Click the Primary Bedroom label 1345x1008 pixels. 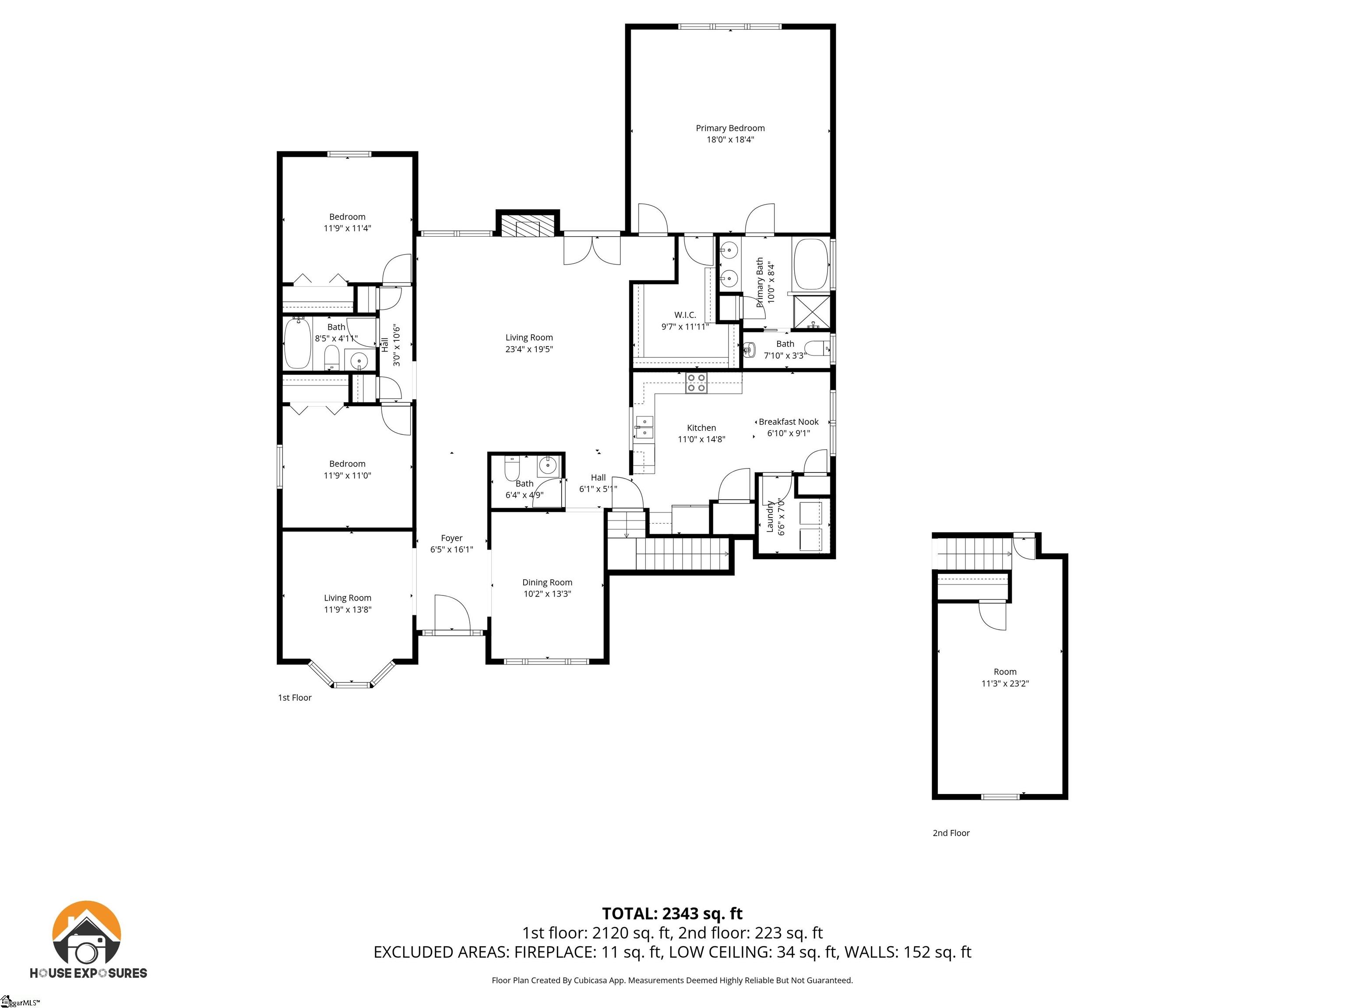click(x=730, y=128)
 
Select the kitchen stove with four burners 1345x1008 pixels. click(x=696, y=383)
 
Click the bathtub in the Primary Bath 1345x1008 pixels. click(x=810, y=264)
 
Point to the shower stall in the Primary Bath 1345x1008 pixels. click(x=812, y=311)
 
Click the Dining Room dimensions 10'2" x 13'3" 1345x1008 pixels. click(x=547, y=594)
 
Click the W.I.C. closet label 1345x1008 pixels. click(x=685, y=315)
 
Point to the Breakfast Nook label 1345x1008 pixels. click(x=788, y=422)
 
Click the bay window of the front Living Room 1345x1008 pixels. click(x=352, y=677)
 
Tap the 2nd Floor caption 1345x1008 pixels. click(x=951, y=833)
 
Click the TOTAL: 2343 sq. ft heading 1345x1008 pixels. click(x=672, y=913)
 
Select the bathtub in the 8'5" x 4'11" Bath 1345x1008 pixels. click(x=297, y=344)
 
